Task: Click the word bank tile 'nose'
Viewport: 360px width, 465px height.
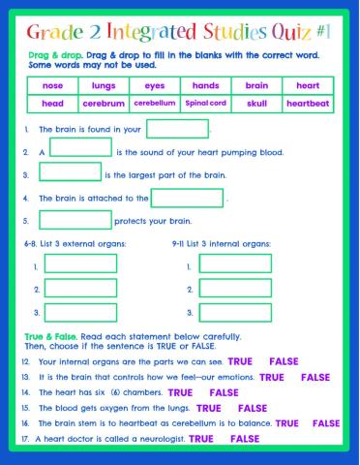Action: [x=52, y=85]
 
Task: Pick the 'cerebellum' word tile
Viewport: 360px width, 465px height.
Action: [x=154, y=103]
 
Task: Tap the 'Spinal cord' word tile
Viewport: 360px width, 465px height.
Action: [x=205, y=103]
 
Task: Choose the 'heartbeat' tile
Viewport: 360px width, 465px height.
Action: [x=308, y=103]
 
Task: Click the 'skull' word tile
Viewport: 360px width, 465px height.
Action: [x=256, y=103]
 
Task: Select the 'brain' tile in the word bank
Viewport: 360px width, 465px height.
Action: [x=256, y=85]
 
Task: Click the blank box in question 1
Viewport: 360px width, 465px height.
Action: [x=177, y=128]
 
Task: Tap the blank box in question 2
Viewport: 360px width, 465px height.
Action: [x=80, y=148]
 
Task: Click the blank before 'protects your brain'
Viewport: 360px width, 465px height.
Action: [x=70, y=220]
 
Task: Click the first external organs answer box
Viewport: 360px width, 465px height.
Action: [x=80, y=263]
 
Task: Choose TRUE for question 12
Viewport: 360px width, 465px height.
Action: [x=240, y=361]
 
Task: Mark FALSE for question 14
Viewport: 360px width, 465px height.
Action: [x=224, y=392]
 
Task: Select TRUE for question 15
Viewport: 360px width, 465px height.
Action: [x=208, y=408]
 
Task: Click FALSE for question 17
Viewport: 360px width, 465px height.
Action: [x=246, y=439]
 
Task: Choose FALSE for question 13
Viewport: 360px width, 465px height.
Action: [x=315, y=377]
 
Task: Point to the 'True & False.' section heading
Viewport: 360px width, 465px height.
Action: [x=45, y=335]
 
